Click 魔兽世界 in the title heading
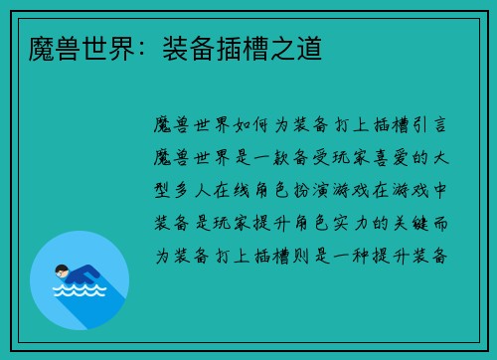71,47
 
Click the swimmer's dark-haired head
62,269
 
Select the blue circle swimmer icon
80,279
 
